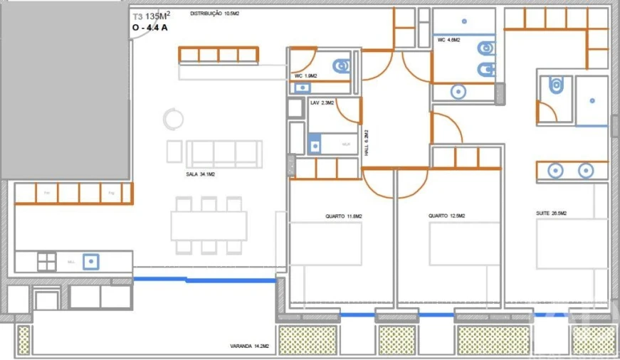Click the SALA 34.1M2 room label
point(201,173)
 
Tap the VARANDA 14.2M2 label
point(248,346)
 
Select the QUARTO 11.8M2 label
point(344,216)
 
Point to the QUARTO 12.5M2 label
point(448,216)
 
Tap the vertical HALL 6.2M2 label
point(367,143)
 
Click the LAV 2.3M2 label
point(322,103)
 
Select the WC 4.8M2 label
point(448,41)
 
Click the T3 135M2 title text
point(150,16)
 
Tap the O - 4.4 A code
point(150,29)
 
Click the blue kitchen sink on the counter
point(90,261)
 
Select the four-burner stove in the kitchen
point(47,261)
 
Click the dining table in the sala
point(209,226)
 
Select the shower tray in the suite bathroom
point(592,100)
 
